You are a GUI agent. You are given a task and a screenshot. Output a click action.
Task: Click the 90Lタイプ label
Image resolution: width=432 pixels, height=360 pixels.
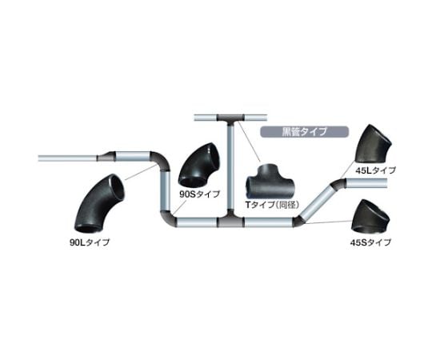90,242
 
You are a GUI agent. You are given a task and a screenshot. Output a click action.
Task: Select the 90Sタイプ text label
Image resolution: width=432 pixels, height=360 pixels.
200,194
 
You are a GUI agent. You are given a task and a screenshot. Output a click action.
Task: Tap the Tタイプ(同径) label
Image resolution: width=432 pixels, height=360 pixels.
272,205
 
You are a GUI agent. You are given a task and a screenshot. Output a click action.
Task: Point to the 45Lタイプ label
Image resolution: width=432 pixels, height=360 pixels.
375,170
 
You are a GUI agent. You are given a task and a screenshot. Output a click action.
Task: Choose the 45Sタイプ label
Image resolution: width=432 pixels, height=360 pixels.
370,242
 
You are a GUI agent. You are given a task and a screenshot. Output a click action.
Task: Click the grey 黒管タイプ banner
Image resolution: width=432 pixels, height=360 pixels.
305,132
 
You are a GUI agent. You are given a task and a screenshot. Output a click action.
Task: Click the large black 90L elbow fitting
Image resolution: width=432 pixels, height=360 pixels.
100,203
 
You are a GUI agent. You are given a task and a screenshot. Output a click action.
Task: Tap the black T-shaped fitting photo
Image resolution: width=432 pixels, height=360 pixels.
270,182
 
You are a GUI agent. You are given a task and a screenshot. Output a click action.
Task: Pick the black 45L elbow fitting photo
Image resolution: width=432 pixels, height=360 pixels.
373,145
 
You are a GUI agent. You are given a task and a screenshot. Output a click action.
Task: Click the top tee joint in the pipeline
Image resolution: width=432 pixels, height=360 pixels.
231,119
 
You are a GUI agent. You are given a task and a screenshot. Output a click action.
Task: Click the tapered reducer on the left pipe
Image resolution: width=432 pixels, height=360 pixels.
106,157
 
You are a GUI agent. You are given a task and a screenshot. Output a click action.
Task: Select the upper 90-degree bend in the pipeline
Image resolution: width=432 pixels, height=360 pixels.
161,160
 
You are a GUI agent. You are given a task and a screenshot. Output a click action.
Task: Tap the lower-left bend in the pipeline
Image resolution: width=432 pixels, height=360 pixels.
167,218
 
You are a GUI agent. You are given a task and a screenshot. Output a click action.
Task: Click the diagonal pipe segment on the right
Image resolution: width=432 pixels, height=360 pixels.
317,201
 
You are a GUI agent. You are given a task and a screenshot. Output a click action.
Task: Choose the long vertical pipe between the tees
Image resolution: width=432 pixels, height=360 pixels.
231,170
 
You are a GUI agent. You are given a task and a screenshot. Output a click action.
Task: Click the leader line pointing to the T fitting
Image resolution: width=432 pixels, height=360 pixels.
249,142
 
